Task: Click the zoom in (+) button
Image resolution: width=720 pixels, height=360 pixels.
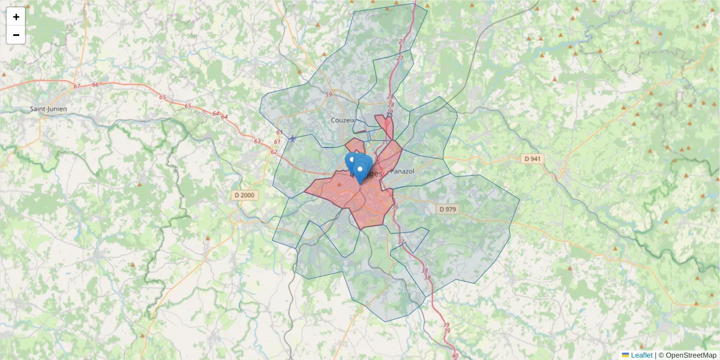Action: (16, 17)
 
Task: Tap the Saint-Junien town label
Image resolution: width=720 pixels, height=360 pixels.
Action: (49, 109)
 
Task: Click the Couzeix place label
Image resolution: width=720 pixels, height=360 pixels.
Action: (343, 120)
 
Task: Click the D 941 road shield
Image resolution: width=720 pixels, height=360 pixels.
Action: (532, 159)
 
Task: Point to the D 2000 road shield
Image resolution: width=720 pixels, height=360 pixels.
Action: (244, 195)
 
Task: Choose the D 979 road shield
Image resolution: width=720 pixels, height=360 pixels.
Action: (448, 209)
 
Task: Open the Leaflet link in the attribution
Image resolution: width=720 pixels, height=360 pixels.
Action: (641, 355)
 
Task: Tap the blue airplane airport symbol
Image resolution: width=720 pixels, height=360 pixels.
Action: (292, 139)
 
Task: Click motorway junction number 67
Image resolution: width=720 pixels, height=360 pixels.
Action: (77, 86)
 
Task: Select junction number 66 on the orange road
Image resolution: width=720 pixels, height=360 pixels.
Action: (95, 85)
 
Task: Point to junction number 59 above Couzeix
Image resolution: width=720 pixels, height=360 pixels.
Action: (328, 95)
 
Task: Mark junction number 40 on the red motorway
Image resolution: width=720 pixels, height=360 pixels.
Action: (455, 356)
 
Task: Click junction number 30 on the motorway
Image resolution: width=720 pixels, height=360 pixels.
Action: (386, 122)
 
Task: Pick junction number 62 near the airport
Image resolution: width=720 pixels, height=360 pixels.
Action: (274, 152)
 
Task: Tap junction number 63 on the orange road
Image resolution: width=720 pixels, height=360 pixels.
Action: (257, 142)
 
